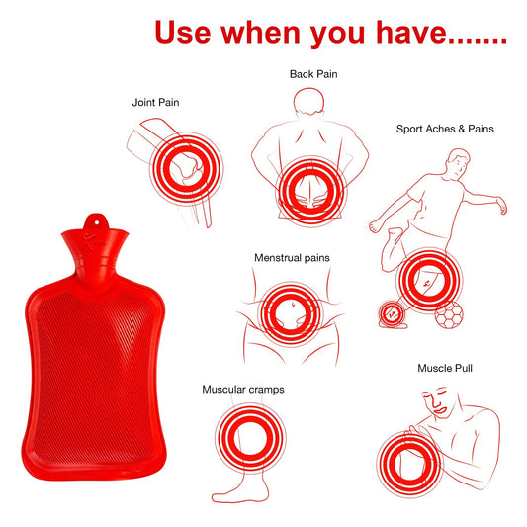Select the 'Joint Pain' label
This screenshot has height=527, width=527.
click(x=156, y=102)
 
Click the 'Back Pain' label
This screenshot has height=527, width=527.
click(x=313, y=74)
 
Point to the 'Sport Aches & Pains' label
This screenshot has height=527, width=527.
click(x=445, y=129)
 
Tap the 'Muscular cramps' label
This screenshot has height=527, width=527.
click(x=243, y=390)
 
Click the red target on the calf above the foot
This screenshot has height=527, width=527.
click(x=240, y=441)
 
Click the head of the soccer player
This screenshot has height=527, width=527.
click(x=457, y=159)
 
